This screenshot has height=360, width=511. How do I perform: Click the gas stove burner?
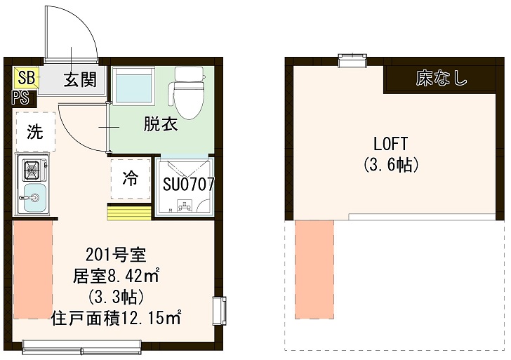(x=32, y=169)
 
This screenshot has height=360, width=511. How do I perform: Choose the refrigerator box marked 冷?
(x=131, y=179)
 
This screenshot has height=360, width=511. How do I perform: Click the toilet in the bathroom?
(x=187, y=94)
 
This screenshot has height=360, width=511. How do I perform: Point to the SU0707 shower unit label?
(x=187, y=185)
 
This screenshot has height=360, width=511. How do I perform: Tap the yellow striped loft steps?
(x=129, y=211)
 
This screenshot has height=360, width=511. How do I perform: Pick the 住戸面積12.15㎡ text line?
(x=117, y=317)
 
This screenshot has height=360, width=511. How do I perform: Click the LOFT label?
(x=390, y=144)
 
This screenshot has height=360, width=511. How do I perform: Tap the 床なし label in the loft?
(x=442, y=78)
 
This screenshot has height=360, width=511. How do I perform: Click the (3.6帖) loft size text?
(x=391, y=166)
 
